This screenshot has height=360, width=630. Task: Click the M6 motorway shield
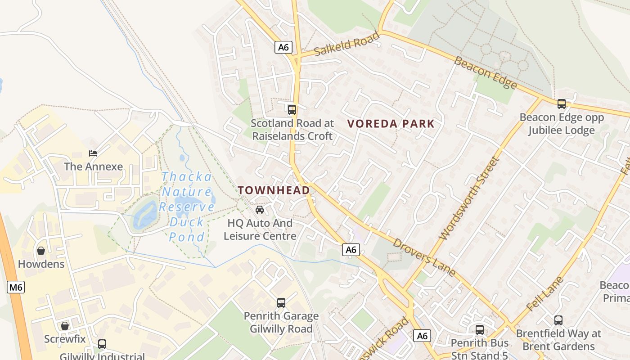(16, 287)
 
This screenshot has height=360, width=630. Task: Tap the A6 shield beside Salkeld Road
(283, 47)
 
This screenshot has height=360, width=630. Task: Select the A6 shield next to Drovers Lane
(351, 250)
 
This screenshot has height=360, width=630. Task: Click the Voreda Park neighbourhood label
(391, 124)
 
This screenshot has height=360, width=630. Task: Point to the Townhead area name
(274, 190)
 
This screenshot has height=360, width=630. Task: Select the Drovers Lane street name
(424, 257)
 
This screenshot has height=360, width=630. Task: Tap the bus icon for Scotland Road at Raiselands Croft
(292, 109)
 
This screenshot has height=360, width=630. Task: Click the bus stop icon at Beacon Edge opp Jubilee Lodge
(562, 104)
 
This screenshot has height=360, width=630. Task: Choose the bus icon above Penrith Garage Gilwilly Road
(281, 303)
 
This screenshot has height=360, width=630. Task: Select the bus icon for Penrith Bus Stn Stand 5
(480, 330)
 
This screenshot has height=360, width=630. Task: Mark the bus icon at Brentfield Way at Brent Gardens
(558, 320)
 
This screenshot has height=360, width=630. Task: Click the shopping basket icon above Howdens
(41, 251)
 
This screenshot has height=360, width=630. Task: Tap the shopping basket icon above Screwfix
(65, 326)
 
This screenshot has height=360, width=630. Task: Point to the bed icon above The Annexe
(93, 153)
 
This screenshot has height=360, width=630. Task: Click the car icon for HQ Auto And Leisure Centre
(260, 210)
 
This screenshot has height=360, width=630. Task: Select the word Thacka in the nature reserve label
(186, 177)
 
